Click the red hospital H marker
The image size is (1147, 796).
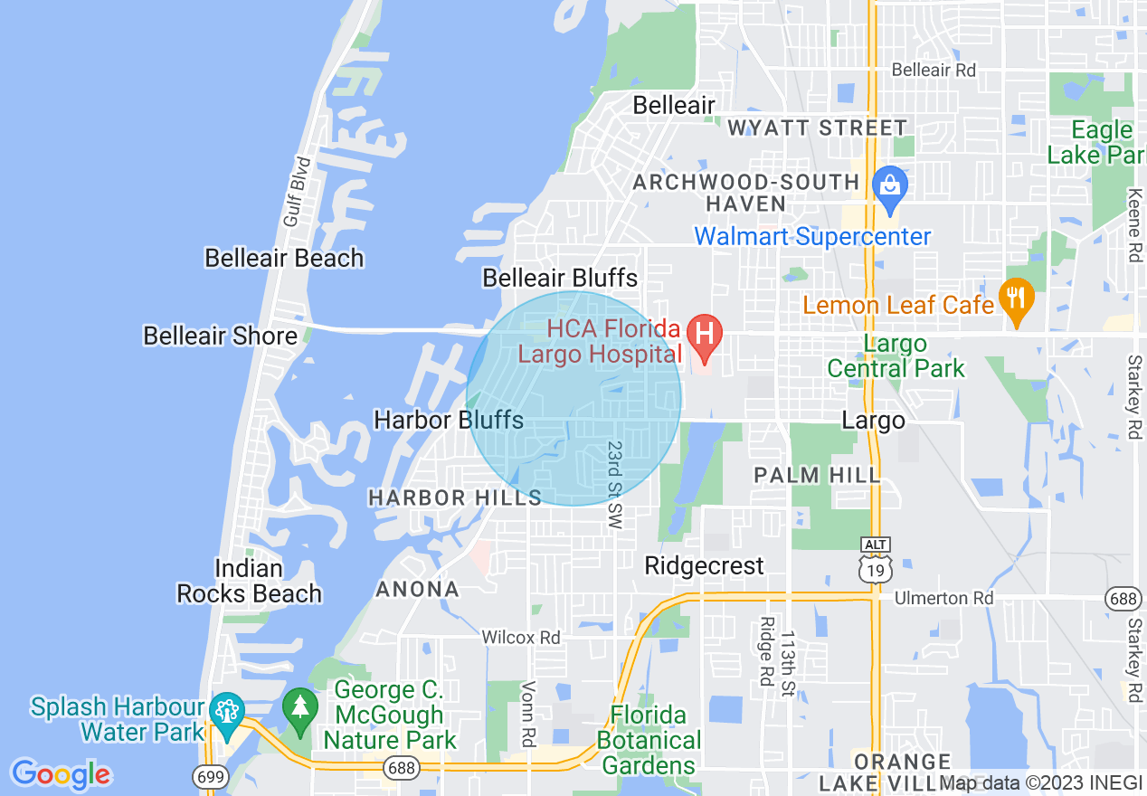tap(705, 333)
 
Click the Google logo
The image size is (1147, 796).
tap(60, 774)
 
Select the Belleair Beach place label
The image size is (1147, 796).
tap(284, 258)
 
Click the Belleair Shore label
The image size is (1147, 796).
tap(220, 336)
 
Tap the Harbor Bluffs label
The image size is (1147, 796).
tap(449, 420)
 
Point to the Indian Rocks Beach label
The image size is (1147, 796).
tap(249, 581)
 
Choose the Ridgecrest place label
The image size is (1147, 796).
tap(704, 565)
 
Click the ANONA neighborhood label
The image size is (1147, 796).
tap(417, 590)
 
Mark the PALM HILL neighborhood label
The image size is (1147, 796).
tap(817, 475)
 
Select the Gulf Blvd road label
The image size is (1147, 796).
tap(297, 192)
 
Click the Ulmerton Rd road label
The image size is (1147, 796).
tap(943, 598)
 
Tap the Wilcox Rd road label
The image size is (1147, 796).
tap(521, 638)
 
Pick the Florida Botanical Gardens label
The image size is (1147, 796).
tap(649, 740)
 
